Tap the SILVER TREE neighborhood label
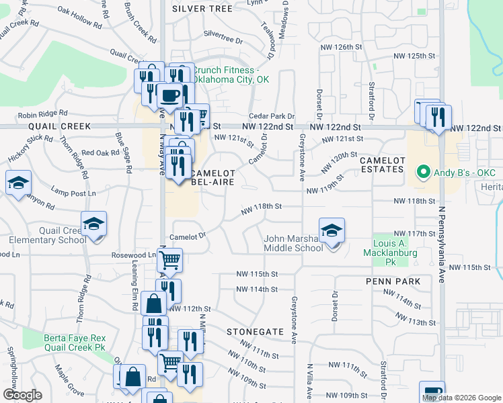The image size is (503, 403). (x=202, y=9)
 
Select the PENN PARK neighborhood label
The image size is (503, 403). (x=393, y=281)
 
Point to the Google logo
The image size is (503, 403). (x=22, y=395)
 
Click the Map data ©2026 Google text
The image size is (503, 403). (x=461, y=398)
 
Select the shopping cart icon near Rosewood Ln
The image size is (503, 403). (x=170, y=259)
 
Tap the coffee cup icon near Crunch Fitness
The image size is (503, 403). (x=169, y=95)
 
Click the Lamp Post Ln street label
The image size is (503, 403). (x=73, y=193)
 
